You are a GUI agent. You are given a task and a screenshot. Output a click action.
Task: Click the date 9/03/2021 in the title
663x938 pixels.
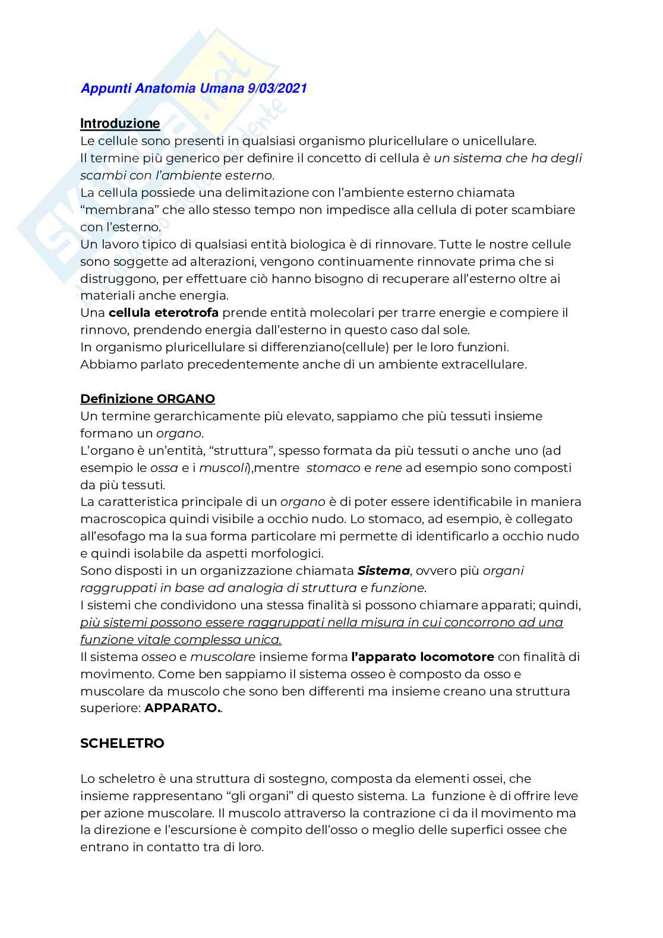point(276,89)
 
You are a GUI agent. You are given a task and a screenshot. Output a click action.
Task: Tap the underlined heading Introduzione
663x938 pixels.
point(120,123)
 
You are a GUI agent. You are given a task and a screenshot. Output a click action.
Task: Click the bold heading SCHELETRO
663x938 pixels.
point(122,743)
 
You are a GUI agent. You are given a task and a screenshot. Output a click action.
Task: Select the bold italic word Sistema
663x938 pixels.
point(383,571)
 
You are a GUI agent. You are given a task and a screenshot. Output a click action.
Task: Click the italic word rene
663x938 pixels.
point(388,468)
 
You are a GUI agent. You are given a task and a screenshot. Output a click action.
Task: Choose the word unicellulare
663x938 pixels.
point(498,141)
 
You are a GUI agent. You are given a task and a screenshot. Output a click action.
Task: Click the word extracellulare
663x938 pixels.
point(484,364)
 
